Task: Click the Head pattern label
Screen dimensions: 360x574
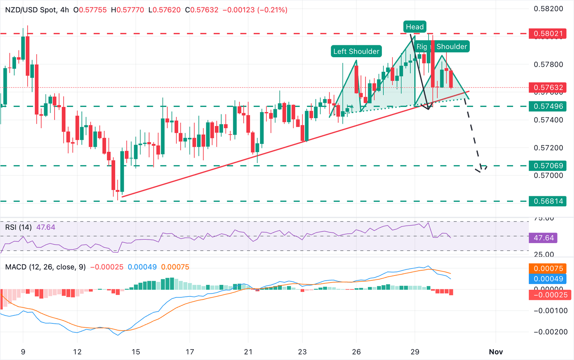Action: coord(414,27)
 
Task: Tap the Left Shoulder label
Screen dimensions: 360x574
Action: coord(356,51)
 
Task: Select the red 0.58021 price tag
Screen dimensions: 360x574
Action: coord(547,34)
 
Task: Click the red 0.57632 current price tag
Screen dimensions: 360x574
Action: coord(547,88)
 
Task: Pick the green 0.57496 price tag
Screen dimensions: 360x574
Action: coord(547,106)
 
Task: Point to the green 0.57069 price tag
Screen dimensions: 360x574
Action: coord(547,166)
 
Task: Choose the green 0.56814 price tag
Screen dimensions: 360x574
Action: coord(547,201)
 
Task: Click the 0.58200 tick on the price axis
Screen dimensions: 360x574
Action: coord(548,9)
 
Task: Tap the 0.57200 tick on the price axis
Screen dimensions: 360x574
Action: coord(548,148)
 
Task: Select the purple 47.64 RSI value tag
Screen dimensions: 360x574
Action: coord(543,238)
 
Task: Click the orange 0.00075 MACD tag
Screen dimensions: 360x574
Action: coord(547,268)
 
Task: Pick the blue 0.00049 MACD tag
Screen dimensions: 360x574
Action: coord(547,279)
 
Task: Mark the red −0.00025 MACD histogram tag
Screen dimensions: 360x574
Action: coord(547,295)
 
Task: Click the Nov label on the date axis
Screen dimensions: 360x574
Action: coord(496,352)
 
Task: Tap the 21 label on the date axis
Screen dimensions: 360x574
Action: coord(248,352)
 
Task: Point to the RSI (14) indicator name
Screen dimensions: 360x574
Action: coord(18,227)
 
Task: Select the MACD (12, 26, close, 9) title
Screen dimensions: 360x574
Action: coord(45,267)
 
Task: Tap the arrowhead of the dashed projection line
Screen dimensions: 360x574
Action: coord(482,169)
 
